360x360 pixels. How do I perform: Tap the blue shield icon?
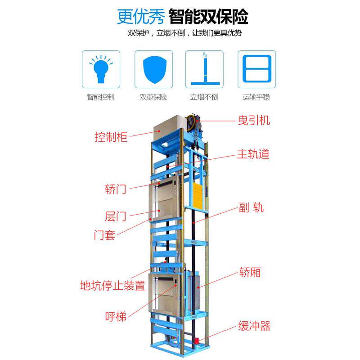click(153, 69)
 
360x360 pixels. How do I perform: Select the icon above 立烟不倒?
click(205, 69)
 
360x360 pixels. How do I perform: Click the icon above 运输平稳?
click(256, 69)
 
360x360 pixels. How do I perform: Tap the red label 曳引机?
click(254, 121)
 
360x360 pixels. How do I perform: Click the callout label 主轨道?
click(253, 154)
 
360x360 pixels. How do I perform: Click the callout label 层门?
click(115, 216)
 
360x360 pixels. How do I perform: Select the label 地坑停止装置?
click(112, 285)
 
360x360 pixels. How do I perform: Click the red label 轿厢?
click(249, 272)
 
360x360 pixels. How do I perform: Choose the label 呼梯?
click(115, 315)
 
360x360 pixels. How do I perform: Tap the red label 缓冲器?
click(254, 326)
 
